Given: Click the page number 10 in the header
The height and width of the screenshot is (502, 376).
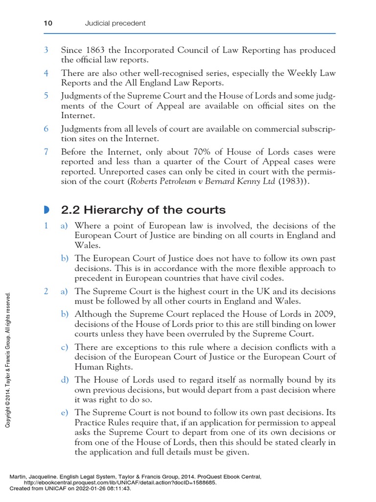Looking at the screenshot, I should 48,23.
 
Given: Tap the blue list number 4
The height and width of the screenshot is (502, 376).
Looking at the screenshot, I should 46,73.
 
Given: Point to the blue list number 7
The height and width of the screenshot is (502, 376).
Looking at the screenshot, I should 46,152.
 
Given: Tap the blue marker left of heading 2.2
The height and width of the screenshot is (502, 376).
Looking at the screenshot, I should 46,210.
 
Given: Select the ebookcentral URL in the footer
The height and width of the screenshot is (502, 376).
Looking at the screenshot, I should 117,482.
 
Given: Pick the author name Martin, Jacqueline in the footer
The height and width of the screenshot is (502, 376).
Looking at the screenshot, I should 34,476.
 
